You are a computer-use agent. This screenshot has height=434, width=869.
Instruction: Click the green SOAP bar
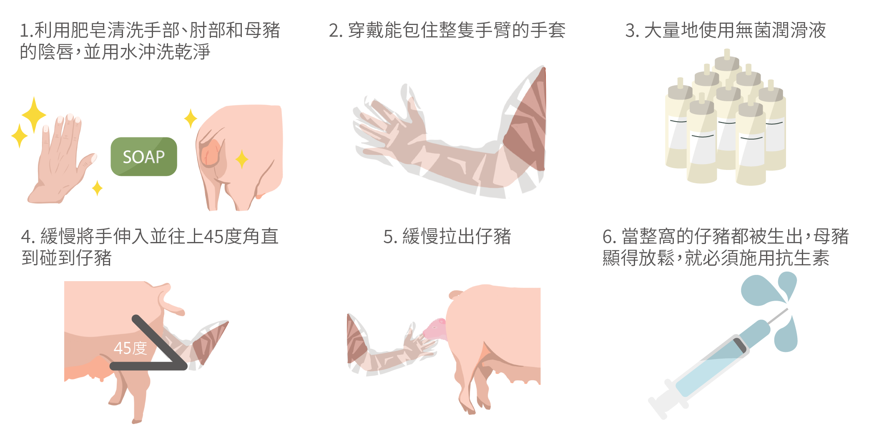[x=144, y=157]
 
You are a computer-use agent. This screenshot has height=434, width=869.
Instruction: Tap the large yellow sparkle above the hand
[x=34, y=115]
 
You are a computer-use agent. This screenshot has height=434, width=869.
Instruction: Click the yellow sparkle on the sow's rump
[x=242, y=159]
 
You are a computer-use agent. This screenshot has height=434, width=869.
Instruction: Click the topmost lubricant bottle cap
[x=727, y=60]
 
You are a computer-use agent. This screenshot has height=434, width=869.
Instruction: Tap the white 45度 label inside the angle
[x=131, y=348]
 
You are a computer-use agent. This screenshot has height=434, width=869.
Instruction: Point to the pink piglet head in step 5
[x=435, y=329]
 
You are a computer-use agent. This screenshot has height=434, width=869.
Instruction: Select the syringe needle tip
[x=787, y=309]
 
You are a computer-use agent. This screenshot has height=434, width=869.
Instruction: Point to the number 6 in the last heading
[x=608, y=237]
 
